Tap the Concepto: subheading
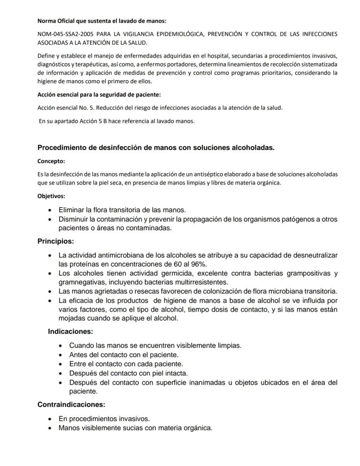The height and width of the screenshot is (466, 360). pyautogui.click(x=51, y=161)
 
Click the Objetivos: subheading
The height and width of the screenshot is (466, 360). pyautogui.click(x=51, y=196)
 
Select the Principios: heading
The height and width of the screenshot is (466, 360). pyautogui.click(x=56, y=241)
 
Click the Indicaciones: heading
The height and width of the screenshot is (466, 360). pyautogui.click(x=70, y=332)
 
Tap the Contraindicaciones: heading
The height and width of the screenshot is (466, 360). pyautogui.click(x=71, y=405)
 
